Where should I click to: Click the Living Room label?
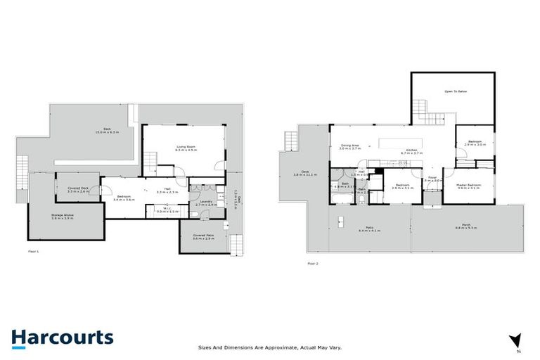[x=184, y=148]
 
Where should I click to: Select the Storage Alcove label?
[x=62, y=217]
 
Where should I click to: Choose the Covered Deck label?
[x=78, y=189]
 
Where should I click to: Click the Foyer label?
[x=432, y=179]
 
